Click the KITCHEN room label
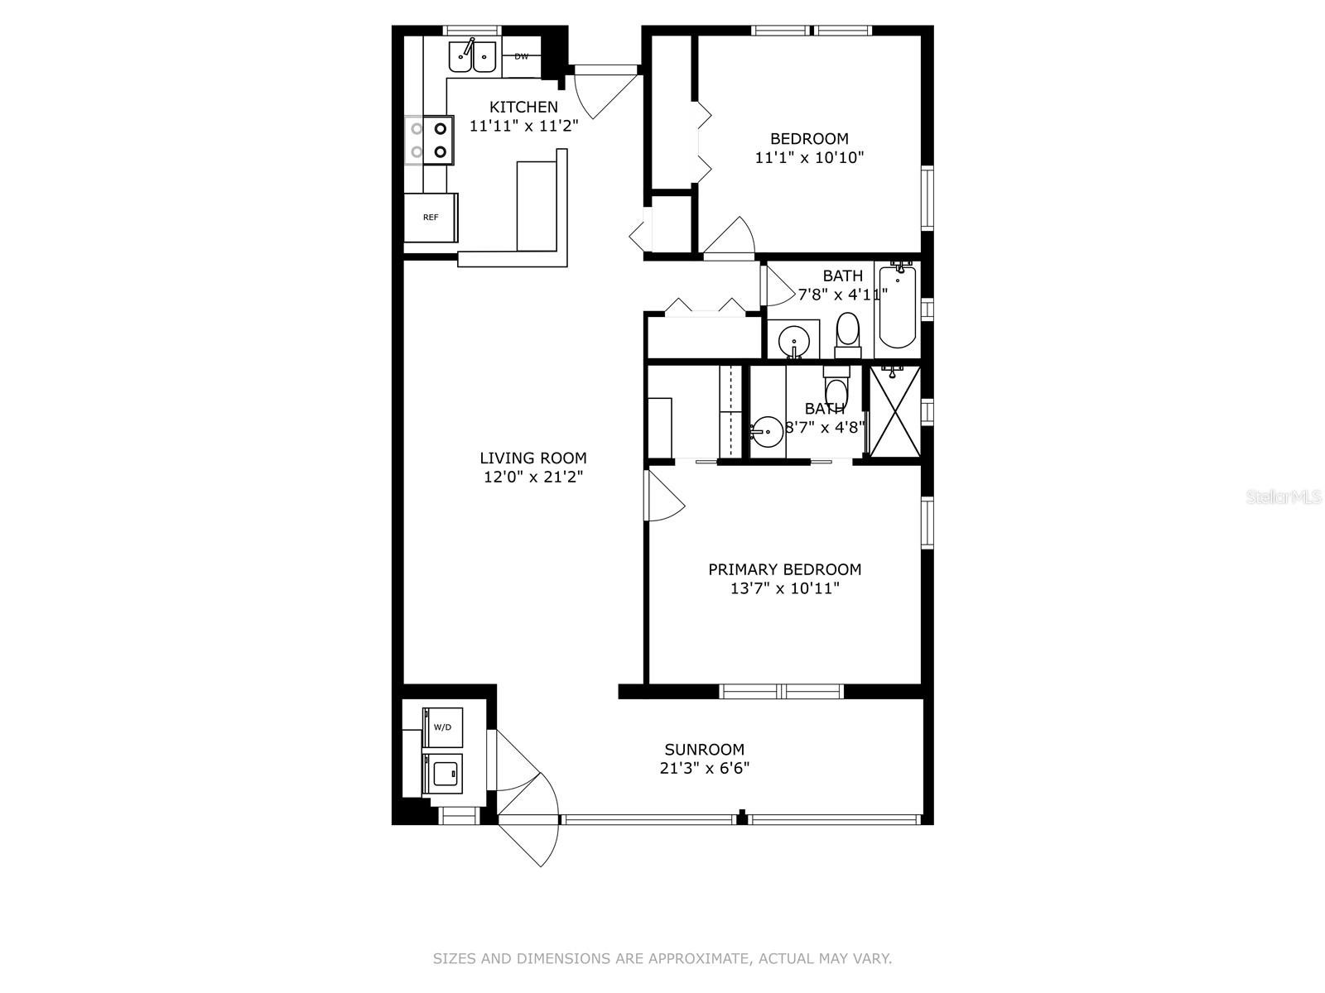523,108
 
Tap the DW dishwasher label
521,56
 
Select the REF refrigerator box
431,217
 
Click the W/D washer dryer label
442,727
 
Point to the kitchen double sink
472,58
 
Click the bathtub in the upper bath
898,306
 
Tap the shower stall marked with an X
895,411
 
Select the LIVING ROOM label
533,458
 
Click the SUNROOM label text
705,750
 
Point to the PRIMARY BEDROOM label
785,569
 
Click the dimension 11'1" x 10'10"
809,157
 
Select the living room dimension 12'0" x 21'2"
533,477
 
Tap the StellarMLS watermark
1284,496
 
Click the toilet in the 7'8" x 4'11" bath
847,335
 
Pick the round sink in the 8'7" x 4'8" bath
767,432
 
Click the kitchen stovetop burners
429,140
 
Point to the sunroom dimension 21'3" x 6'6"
705,768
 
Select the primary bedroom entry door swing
665,495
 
